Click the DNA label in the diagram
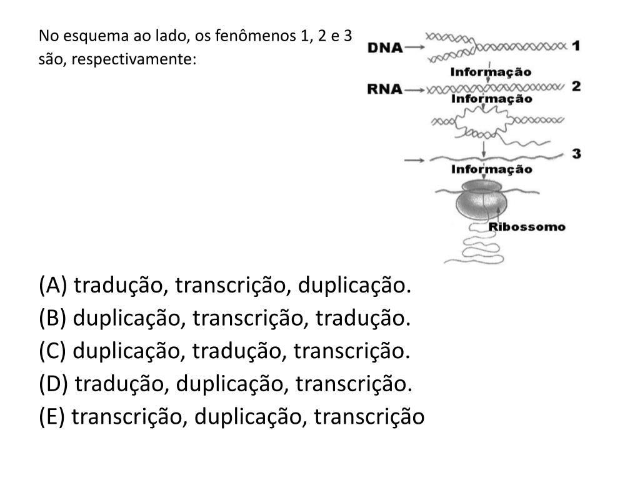point(384,47)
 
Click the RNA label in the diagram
point(384,89)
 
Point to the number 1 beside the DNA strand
point(576,46)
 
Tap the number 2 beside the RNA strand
point(576,86)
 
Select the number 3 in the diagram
point(576,153)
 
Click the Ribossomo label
point(527,227)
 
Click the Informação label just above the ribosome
point(492,169)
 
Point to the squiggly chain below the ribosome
point(469,247)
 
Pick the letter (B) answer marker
point(52,319)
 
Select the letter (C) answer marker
point(52,351)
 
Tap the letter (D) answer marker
point(54,384)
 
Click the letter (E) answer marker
point(52,416)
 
